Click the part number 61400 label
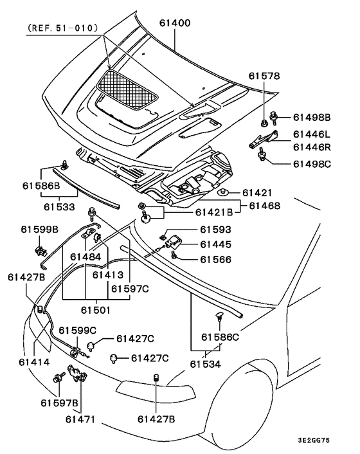[x=175, y=23]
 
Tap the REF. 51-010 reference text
[x=62, y=28]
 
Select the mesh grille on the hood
[x=127, y=89]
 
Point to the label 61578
[x=264, y=76]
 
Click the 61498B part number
[x=312, y=117]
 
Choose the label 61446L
[x=311, y=134]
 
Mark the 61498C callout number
[x=312, y=164]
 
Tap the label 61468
[x=264, y=206]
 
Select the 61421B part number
[x=214, y=212]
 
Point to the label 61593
[x=215, y=230]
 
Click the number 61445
[x=215, y=244]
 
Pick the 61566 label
[x=215, y=259]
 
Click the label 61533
[x=59, y=206]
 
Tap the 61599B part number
[x=39, y=230]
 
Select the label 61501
[x=96, y=310]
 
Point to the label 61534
[x=205, y=364]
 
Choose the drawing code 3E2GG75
[x=314, y=440]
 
